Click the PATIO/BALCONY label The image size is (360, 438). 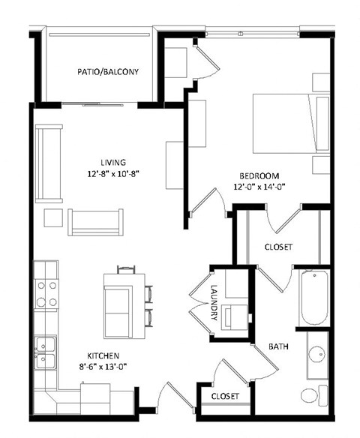pyautogui.click(x=107, y=72)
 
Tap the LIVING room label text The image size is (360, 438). pyautogui.click(x=112, y=162)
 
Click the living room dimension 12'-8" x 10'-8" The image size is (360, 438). pyautogui.click(x=112, y=173)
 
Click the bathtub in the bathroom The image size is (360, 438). pyautogui.click(x=313, y=298)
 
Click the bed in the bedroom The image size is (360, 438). pyautogui.click(x=289, y=124)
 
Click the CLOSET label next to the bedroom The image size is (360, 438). pyautogui.click(x=278, y=247)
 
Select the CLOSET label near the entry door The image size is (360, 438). pyautogui.click(x=224, y=396)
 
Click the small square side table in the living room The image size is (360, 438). pyautogui.click(x=52, y=217)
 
